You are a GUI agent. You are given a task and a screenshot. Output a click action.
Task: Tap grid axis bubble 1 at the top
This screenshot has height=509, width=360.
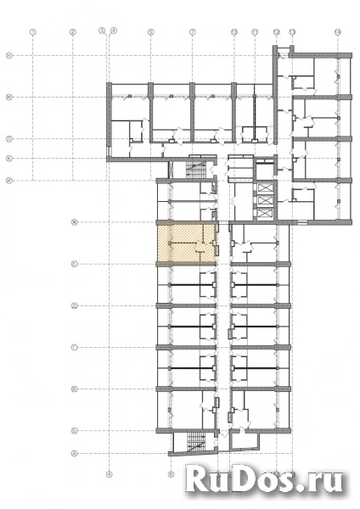click(x=31, y=32)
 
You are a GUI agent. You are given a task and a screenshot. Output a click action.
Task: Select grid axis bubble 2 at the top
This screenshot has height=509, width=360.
click(x=73, y=32)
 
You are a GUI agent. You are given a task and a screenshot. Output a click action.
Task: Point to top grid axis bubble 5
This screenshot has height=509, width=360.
click(x=150, y=32)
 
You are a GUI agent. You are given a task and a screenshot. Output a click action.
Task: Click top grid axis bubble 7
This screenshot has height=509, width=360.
click(x=193, y=32)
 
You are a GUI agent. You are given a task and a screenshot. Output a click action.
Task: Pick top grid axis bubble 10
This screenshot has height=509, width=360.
click(x=233, y=32)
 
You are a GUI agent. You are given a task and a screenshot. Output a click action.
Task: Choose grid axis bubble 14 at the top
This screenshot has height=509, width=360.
click(x=338, y=32)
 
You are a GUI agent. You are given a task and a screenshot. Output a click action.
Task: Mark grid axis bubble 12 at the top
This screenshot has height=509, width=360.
click(x=277, y=32)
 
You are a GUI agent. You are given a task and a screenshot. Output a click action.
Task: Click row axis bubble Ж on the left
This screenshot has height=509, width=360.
click(x=75, y=223)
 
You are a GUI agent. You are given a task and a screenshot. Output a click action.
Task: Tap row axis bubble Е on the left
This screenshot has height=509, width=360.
click(x=75, y=265)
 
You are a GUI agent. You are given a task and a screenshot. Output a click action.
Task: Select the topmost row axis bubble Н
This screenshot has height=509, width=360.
click(x=8, y=55)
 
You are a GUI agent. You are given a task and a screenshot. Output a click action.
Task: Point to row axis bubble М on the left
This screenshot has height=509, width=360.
click(x=8, y=97)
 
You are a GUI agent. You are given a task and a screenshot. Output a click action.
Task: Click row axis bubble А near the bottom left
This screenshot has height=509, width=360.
click(x=75, y=453)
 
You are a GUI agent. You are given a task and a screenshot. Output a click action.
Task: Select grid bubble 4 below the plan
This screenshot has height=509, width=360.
click(x=109, y=474)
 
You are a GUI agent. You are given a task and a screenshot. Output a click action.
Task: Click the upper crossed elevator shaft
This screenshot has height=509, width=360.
click(x=264, y=189)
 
